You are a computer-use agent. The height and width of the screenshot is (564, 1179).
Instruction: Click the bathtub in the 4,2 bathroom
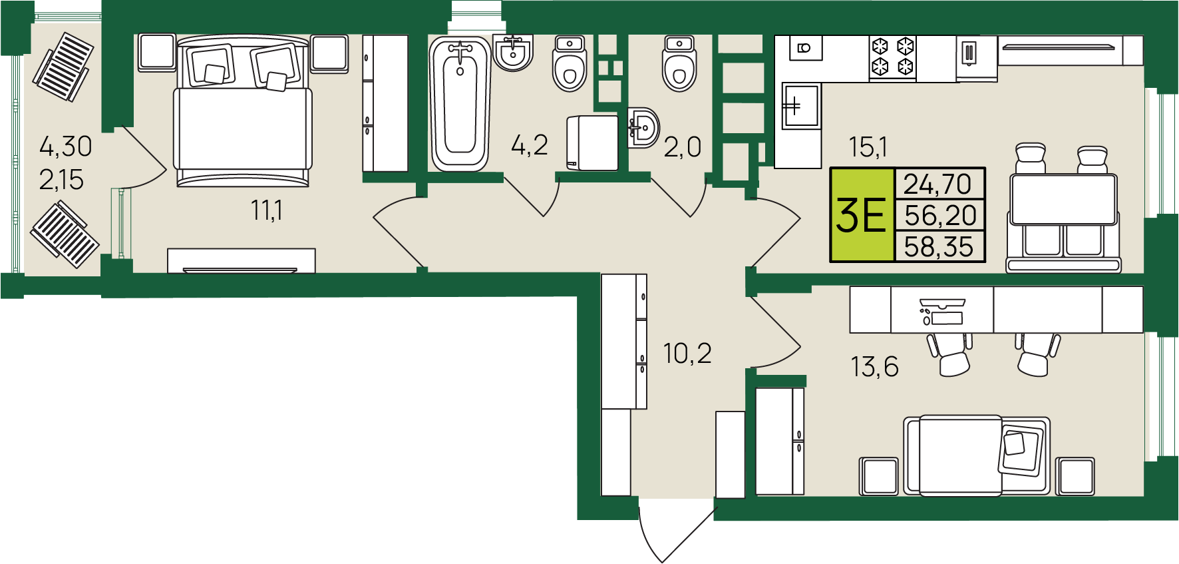[460, 103]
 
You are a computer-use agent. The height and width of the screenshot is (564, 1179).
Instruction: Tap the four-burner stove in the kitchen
[893, 58]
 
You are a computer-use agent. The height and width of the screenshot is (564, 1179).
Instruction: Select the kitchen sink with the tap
[800, 105]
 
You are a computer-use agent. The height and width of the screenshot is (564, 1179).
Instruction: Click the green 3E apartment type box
[862, 215]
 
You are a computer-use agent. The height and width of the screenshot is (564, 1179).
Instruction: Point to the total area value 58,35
[939, 247]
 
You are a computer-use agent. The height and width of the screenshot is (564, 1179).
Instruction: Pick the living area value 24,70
[937, 184]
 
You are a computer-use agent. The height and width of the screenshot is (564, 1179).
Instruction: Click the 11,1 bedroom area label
[267, 210]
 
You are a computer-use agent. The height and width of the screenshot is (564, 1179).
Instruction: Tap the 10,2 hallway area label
[687, 354]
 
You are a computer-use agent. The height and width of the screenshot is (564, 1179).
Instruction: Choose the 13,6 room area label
[874, 367]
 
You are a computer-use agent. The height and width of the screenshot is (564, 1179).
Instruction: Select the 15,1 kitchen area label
[868, 147]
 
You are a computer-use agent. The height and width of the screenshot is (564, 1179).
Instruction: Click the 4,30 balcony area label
[65, 146]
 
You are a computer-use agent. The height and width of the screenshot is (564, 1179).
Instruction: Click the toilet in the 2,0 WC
[679, 64]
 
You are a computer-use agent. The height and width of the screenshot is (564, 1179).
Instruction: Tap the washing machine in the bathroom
[592, 142]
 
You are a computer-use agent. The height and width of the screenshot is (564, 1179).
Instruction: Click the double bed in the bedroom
[243, 111]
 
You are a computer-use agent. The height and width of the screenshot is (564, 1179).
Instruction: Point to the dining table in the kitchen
[1063, 200]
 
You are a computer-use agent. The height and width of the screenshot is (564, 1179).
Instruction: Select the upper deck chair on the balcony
[64, 67]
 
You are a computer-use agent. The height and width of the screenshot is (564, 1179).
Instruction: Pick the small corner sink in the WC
[643, 127]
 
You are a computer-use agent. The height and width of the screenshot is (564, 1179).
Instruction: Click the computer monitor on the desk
[941, 303]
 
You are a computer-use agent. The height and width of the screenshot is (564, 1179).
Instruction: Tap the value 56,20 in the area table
[940, 216]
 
